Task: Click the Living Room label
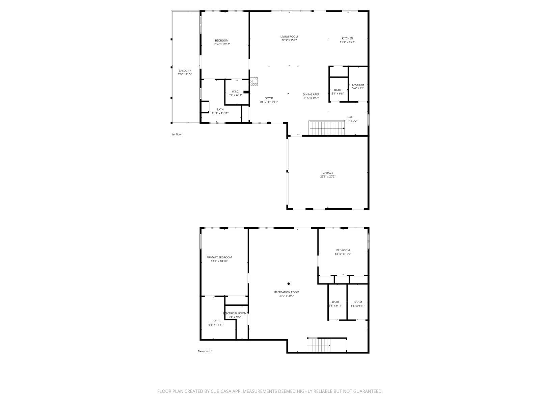tap(289, 36)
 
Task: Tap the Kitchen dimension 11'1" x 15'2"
tap(347, 42)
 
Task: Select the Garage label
tap(327, 173)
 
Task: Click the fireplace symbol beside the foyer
tap(254, 81)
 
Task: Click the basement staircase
tap(318, 345)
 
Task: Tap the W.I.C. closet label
tap(235, 91)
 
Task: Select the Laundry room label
tap(358, 85)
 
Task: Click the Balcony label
tap(185, 71)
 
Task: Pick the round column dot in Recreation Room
tap(289, 284)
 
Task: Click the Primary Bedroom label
tap(219, 257)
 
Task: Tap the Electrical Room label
tap(235, 313)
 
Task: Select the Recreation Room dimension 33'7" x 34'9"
tap(287, 296)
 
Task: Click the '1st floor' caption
tap(177, 134)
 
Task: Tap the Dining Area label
tap(311, 94)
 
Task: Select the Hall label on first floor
tap(350, 117)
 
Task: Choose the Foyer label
tap(269, 98)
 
